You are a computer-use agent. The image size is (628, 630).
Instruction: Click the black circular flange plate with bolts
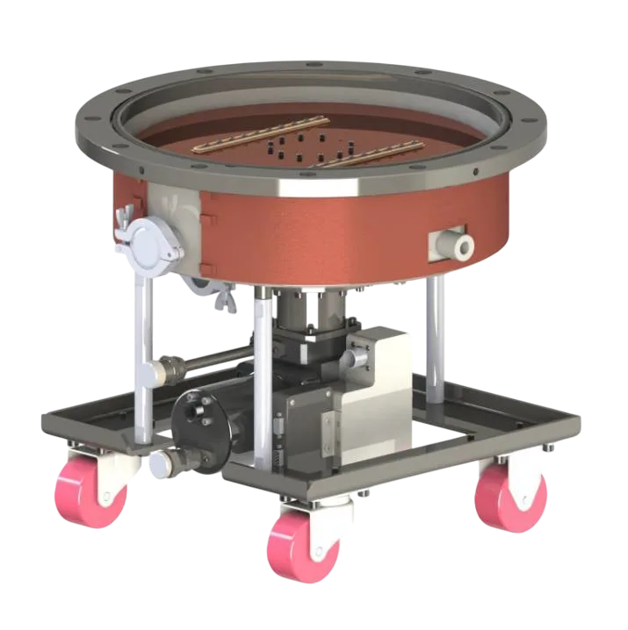[x=199, y=418]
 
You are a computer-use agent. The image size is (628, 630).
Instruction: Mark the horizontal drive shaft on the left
[x=211, y=358]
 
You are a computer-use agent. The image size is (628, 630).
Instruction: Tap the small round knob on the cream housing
[x=350, y=359]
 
